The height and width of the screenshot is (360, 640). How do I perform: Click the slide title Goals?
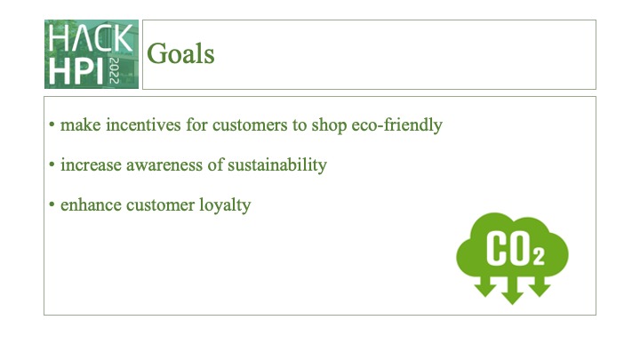(x=180, y=54)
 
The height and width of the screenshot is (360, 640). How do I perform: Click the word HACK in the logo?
(x=92, y=38)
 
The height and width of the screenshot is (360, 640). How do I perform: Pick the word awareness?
(x=164, y=165)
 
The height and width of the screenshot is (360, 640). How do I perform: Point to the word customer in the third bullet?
(x=157, y=205)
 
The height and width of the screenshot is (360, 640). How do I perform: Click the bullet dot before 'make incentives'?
(x=52, y=125)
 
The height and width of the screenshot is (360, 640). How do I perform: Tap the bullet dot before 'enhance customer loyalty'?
(x=52, y=205)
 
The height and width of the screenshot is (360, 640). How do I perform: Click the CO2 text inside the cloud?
(x=514, y=248)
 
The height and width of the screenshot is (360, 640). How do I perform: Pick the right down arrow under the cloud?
(x=540, y=285)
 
